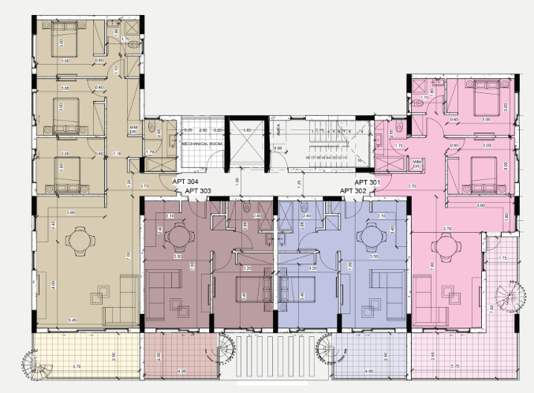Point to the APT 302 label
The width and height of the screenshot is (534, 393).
(353, 191)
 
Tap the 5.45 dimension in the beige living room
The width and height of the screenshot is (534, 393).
(73, 320)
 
